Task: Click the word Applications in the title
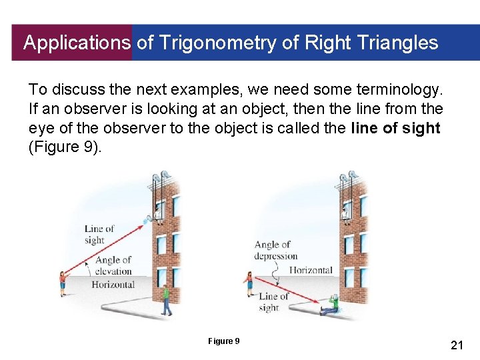click(77, 43)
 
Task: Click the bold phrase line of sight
click(395, 128)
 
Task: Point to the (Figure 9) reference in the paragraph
click(65, 147)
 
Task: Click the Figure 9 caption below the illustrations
click(223, 341)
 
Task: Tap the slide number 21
click(457, 345)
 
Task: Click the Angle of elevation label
click(113, 265)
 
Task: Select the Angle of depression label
click(275, 251)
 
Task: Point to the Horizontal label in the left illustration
click(113, 285)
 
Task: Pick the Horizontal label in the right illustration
click(310, 270)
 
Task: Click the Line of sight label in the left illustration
click(99, 234)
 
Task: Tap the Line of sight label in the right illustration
click(272, 302)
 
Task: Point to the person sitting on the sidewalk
click(330, 305)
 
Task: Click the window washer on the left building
click(158, 211)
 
